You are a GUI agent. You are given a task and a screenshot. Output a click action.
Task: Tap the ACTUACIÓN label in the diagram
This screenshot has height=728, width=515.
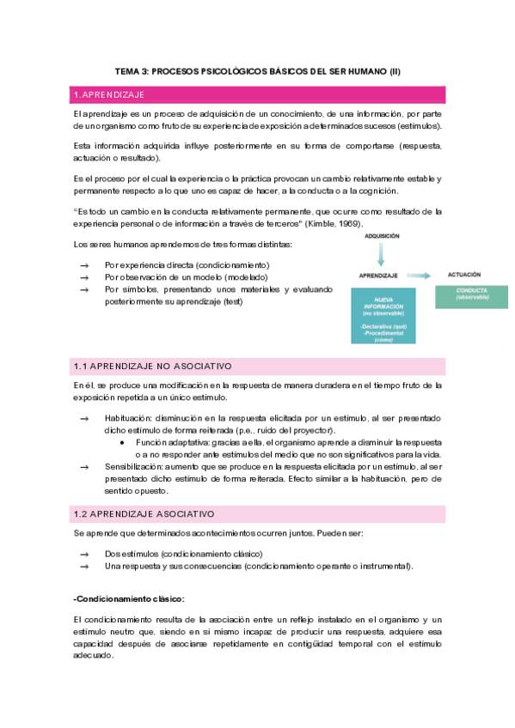(464, 275)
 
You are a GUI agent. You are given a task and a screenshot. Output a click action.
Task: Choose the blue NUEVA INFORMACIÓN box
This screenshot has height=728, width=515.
(384, 315)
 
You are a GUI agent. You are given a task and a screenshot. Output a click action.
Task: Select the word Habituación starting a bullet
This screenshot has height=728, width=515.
(127, 418)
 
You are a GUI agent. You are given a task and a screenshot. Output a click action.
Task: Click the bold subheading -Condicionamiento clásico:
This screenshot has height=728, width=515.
(129, 598)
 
